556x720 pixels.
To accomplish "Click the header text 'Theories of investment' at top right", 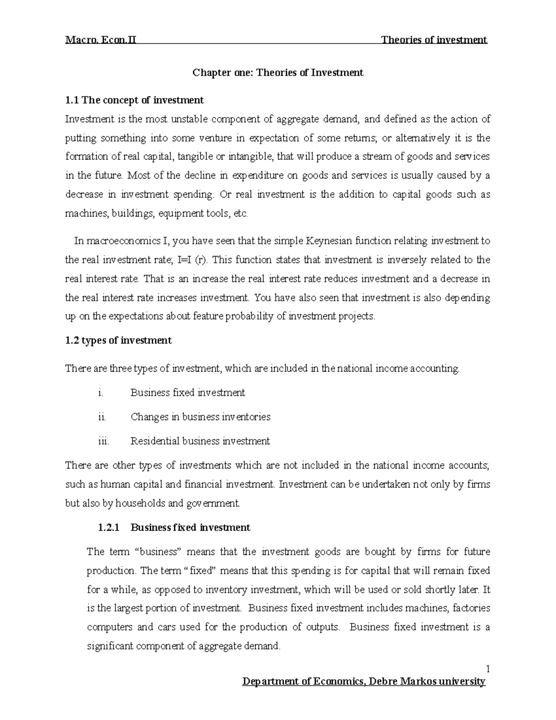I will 434,40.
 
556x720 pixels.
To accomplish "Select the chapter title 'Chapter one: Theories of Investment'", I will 278,73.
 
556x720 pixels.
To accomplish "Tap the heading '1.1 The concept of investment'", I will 134,100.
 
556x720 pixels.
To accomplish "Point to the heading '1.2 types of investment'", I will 118,341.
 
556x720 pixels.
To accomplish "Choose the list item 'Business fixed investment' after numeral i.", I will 188,393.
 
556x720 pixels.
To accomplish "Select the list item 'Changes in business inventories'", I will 200,417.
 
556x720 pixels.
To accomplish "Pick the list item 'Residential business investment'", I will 200,441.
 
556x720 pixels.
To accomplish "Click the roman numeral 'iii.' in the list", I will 103,441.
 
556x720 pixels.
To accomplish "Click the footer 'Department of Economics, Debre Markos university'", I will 364,682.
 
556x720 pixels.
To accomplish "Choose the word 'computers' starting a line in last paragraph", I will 110,627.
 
